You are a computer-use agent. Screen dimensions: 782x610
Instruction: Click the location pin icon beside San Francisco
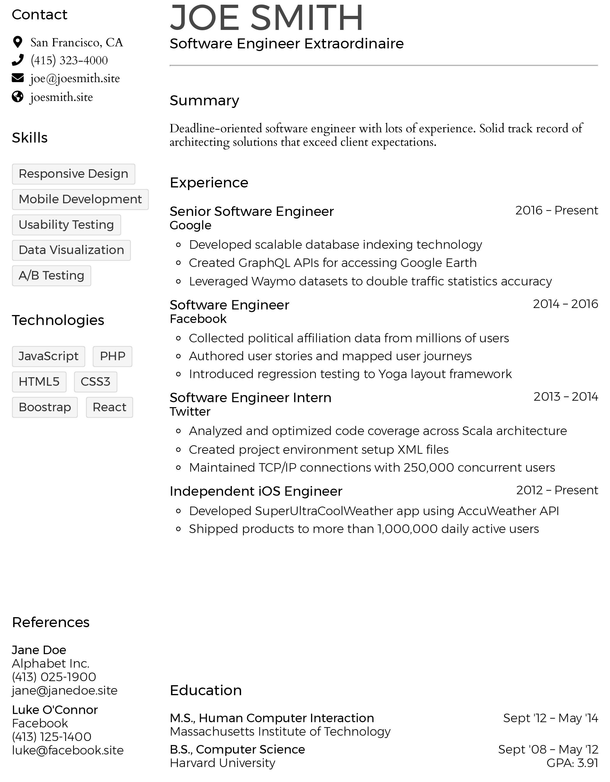point(17,42)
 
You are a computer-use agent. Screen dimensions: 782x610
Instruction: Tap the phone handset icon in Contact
point(18,60)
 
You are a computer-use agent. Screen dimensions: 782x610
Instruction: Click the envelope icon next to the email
point(18,78)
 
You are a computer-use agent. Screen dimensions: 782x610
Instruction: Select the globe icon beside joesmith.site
point(18,97)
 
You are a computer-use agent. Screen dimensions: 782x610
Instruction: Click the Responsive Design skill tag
point(73,174)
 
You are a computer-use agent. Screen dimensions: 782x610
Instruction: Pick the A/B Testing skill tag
point(52,276)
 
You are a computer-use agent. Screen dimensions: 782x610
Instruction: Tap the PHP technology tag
point(112,356)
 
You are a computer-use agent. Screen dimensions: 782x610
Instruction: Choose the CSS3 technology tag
point(95,382)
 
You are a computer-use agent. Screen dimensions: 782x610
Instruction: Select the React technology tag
point(109,407)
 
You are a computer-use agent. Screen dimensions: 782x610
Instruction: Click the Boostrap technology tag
point(45,407)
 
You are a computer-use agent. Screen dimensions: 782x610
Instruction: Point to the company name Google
point(190,226)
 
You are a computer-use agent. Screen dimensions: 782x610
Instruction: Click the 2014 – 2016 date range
point(565,304)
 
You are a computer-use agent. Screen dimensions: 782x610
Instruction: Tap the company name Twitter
point(190,412)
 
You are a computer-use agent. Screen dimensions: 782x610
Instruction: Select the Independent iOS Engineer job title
point(256,491)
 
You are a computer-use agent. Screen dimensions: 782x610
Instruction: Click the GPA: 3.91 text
point(572,763)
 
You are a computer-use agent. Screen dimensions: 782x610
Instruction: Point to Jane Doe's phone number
point(54,677)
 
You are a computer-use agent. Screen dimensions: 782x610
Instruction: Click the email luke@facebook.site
point(68,750)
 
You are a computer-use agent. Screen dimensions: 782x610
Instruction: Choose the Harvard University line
point(222,763)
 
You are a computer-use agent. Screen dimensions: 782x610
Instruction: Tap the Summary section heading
point(204,101)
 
